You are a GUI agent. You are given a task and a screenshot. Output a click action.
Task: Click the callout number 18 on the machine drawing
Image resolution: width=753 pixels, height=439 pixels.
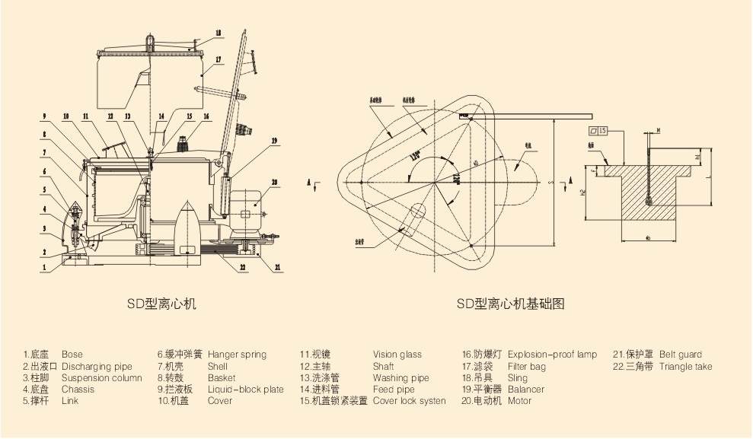pyautogui.click(x=219, y=33)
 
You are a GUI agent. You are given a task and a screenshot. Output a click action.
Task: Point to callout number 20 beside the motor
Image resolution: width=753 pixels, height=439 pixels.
pyautogui.click(x=274, y=182)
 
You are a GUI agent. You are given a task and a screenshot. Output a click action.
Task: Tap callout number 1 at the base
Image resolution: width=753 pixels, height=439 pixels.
pyautogui.click(x=45, y=267)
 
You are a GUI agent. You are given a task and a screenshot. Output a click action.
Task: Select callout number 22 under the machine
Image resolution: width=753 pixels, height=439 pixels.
pyautogui.click(x=242, y=267)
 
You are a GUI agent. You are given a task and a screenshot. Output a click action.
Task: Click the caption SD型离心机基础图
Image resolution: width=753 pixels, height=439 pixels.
pyautogui.click(x=511, y=304)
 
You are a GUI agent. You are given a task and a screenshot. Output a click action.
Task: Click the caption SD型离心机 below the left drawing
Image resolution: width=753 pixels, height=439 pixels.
pyautogui.click(x=161, y=304)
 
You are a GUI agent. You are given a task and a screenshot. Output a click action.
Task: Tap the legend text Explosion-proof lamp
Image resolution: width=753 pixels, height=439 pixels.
pyautogui.click(x=552, y=355)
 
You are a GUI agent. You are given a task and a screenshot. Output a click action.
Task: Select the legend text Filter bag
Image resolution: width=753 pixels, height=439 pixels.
pyautogui.click(x=527, y=367)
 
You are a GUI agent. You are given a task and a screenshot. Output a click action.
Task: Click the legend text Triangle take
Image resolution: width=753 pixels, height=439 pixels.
pyautogui.click(x=686, y=367)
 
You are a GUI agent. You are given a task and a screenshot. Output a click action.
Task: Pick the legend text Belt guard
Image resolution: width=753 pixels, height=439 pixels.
pyautogui.click(x=681, y=355)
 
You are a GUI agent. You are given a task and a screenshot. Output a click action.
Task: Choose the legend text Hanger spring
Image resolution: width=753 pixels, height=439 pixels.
pyautogui.click(x=237, y=355)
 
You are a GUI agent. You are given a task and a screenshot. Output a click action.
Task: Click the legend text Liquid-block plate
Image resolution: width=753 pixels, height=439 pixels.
pyautogui.click(x=245, y=390)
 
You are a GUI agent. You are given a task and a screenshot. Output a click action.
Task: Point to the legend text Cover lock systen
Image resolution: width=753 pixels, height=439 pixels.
pyautogui.click(x=410, y=401)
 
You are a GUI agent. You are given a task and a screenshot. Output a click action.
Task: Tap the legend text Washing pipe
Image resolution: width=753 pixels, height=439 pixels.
pyautogui.click(x=401, y=378)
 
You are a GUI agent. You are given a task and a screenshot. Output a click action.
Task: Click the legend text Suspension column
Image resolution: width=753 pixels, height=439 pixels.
pyautogui.click(x=102, y=378)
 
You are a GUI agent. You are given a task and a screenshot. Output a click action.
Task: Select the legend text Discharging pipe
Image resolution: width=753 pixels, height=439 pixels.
pyautogui.click(x=97, y=367)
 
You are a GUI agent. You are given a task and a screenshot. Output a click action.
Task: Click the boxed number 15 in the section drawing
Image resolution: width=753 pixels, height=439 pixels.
pyautogui.click(x=603, y=131)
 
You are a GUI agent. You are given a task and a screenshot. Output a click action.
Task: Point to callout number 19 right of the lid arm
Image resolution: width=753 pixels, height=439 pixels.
pyautogui.click(x=274, y=141)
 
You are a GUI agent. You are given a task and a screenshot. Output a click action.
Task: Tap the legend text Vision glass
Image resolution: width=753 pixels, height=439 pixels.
pyautogui.click(x=397, y=355)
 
